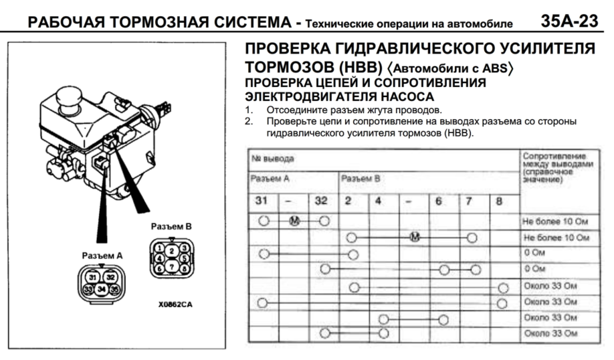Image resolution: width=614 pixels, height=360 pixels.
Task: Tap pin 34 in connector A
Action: tap(100, 289)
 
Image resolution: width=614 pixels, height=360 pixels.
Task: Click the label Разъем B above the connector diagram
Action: tap(171, 226)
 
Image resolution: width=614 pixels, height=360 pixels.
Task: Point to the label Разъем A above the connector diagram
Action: tap(101, 256)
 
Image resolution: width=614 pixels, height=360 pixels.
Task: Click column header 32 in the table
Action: tap(321, 200)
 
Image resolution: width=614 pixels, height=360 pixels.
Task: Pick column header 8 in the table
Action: tap(499, 200)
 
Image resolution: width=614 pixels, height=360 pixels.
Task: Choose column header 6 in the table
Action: tap(439, 200)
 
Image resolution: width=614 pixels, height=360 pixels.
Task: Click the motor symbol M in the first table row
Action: tap(293, 220)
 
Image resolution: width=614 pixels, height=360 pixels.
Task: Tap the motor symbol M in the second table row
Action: tap(414, 237)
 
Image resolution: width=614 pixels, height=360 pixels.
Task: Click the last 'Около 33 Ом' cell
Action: tap(550, 333)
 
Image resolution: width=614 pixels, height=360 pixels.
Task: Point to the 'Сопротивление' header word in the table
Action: tap(550, 155)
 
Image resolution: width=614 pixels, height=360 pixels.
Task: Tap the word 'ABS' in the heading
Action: tap(496, 68)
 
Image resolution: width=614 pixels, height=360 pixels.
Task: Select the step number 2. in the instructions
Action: tap(249, 121)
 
